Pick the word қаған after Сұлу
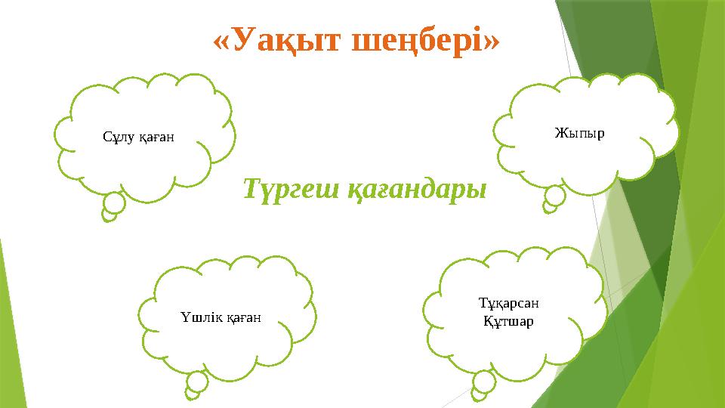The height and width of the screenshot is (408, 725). coord(156,138)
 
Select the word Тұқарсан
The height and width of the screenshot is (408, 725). coord(509,304)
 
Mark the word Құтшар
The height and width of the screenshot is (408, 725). coord(508,322)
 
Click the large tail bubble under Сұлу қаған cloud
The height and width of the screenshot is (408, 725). coord(115,203)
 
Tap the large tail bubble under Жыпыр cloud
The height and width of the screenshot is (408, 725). coord(555,196)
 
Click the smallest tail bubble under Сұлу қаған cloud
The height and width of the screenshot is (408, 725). coord(110,215)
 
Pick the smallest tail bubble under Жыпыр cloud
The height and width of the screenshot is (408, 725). coord(549,206)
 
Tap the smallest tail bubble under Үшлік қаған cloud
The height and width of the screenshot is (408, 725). coord(192,394)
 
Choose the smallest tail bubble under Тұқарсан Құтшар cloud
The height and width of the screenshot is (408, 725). coord(477,394)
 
